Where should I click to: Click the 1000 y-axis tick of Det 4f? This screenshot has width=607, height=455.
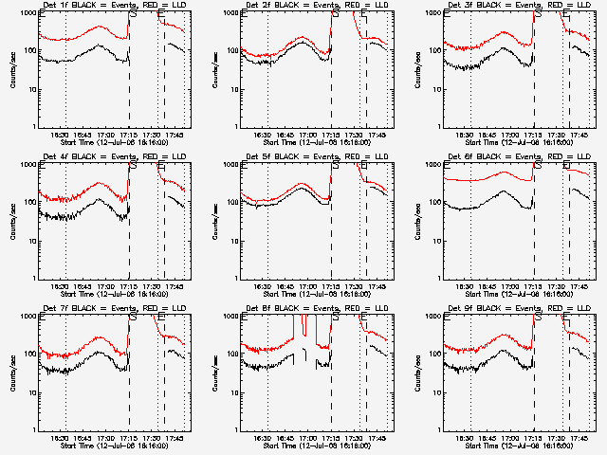coord(28,165)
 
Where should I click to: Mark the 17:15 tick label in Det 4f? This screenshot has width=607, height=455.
coord(128,287)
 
